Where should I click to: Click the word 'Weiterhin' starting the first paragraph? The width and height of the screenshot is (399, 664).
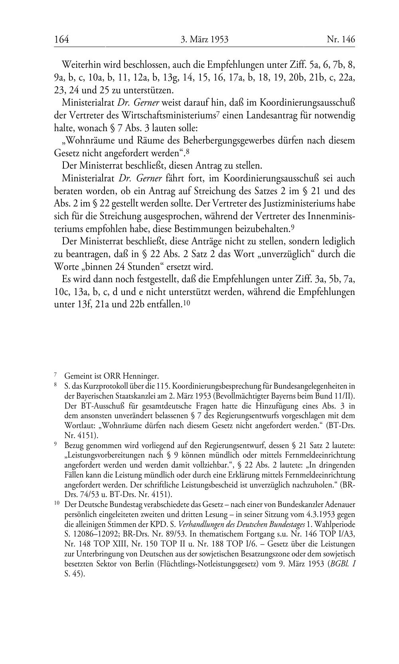point(80,65)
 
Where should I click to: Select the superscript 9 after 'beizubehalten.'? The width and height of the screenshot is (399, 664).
point(292,227)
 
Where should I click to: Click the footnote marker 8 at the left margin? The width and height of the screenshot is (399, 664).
point(55,385)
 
